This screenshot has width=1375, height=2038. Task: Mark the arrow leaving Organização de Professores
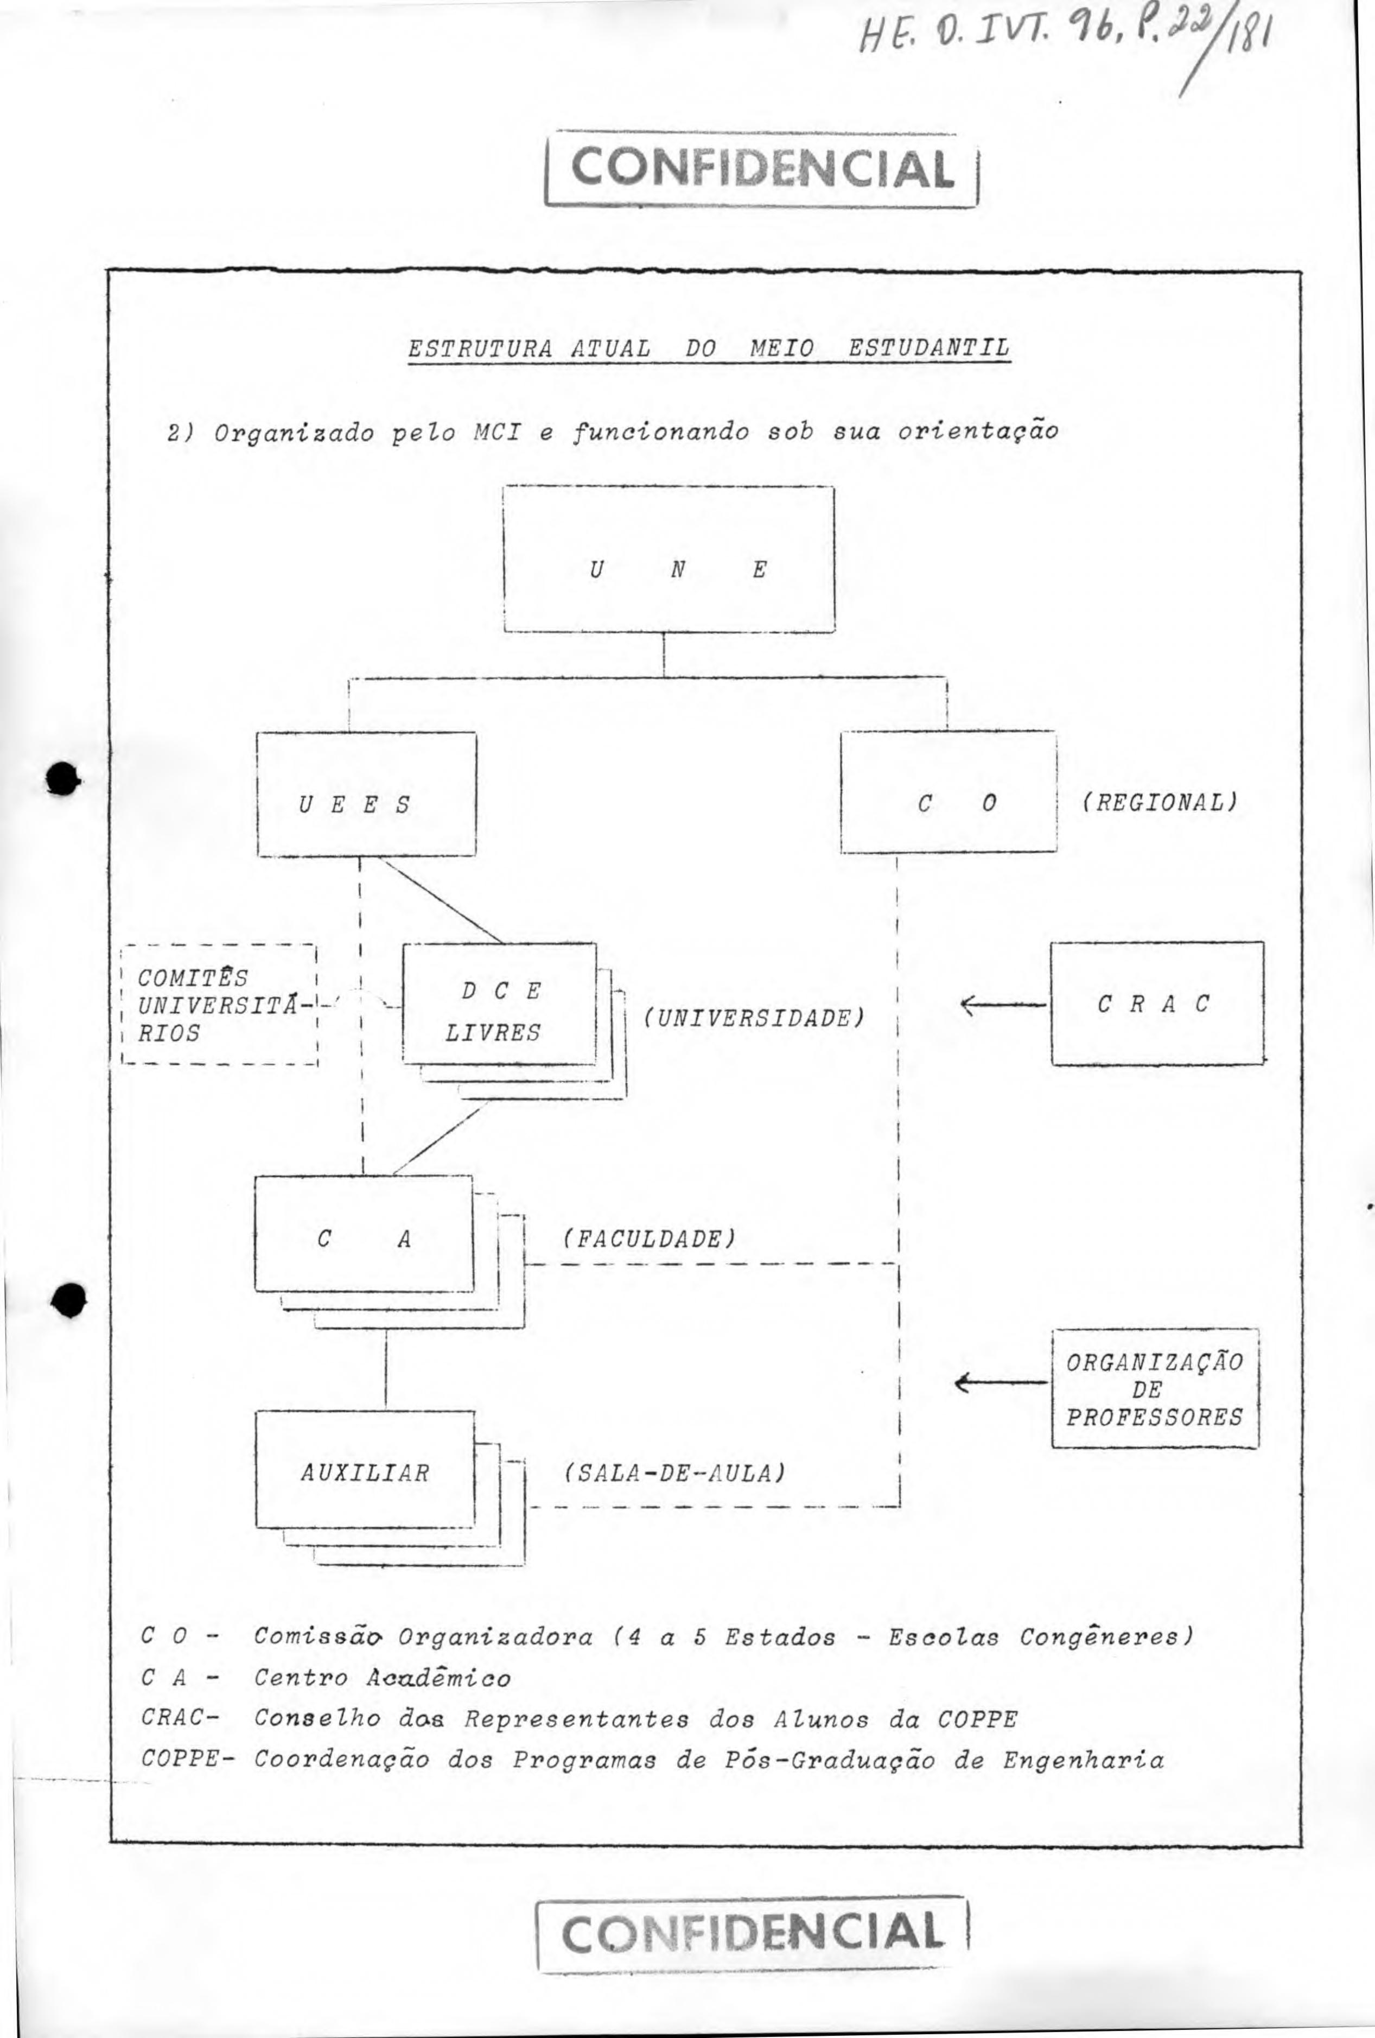pyautogui.click(x=1002, y=1383)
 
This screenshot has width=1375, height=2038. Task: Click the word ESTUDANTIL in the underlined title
pyautogui.click(x=928, y=348)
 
